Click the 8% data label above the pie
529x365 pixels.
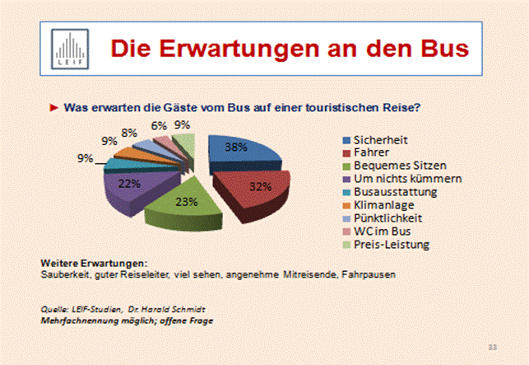tap(129, 132)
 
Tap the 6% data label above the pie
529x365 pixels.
tap(159, 125)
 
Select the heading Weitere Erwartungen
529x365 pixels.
tap(87, 262)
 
